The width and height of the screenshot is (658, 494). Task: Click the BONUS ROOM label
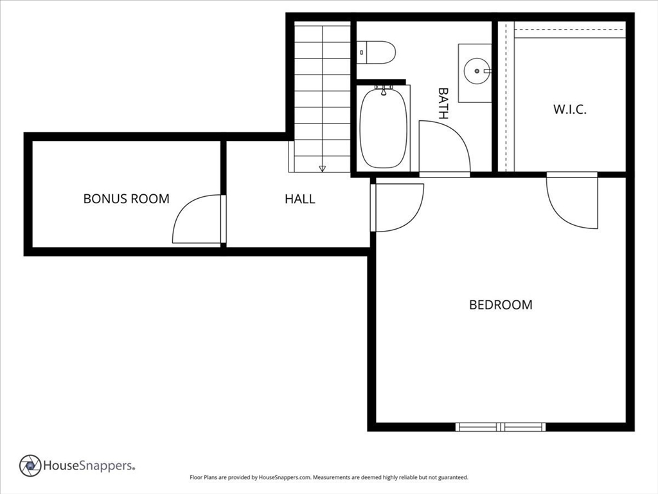[x=127, y=199]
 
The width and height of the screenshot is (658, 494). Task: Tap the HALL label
[x=300, y=199]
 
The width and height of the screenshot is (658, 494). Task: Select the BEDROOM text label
[x=501, y=305]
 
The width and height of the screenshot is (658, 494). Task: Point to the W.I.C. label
[x=569, y=109]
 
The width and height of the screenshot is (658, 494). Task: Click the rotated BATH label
[x=443, y=104]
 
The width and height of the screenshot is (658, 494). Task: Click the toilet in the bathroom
[x=378, y=52]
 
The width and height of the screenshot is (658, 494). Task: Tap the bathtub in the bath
[x=383, y=128]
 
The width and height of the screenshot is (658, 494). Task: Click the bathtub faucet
[x=384, y=90]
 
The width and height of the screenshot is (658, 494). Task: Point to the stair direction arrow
[x=322, y=169]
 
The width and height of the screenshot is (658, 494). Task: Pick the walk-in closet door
[x=572, y=201]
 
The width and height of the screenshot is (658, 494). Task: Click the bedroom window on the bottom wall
[x=501, y=426]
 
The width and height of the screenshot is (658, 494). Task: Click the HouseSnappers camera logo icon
[x=30, y=465]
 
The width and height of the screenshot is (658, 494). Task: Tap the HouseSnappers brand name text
[x=89, y=465]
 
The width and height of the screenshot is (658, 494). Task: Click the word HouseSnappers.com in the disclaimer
[x=285, y=478]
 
